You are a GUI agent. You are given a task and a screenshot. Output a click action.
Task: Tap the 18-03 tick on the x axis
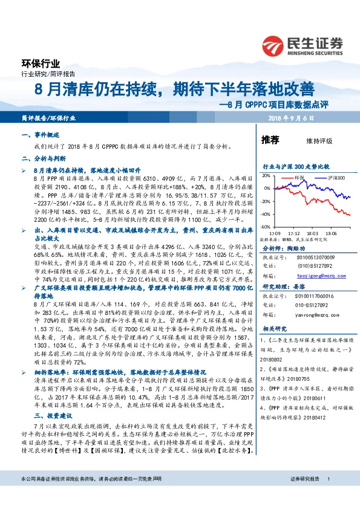pyautogui.click(x=312, y=232)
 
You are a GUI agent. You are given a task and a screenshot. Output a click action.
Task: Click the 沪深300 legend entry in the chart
pyautogui.click(x=336, y=179)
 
